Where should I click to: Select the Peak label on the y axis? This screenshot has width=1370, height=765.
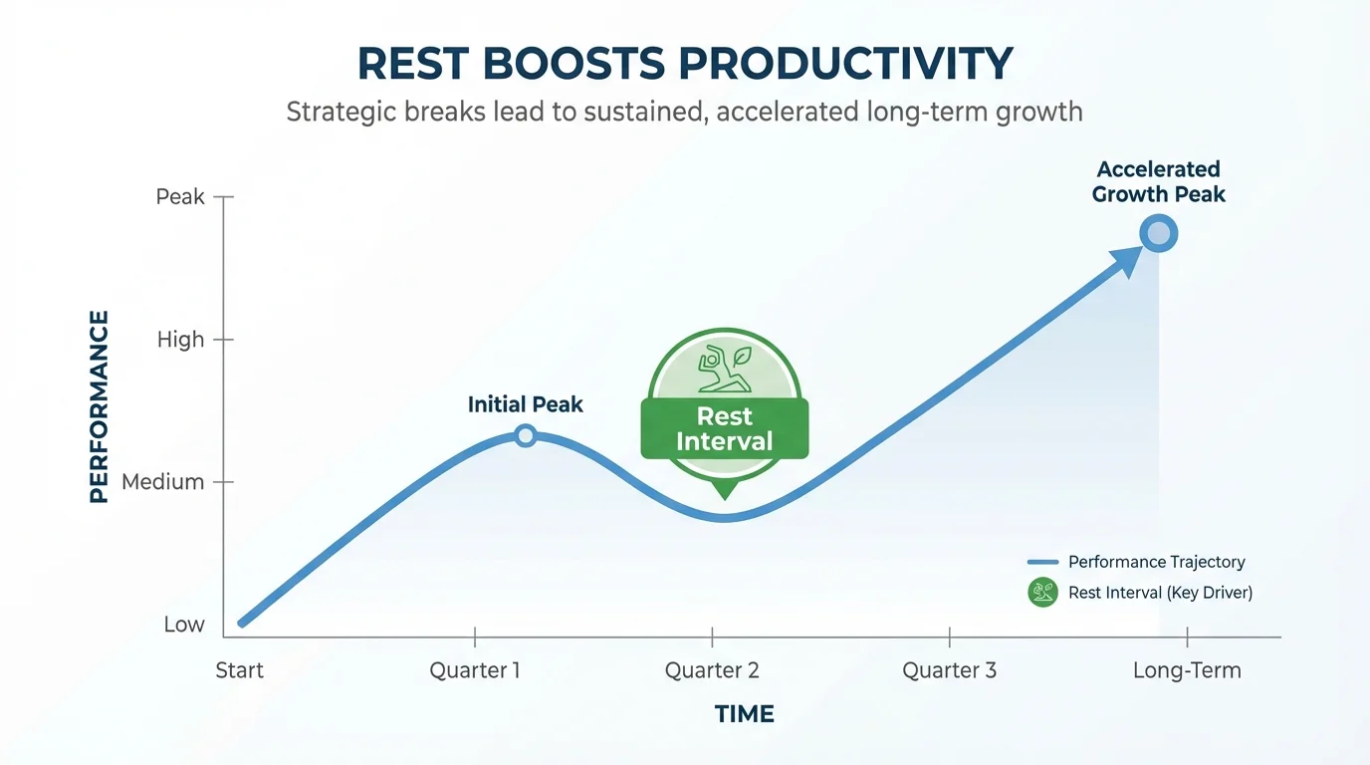(180, 197)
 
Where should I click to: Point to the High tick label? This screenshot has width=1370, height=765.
(180, 340)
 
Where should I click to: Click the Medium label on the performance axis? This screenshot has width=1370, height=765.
(162, 482)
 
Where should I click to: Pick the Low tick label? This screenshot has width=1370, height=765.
(184, 625)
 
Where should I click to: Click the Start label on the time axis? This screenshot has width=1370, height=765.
(240, 670)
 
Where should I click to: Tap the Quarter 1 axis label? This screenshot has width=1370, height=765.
(475, 670)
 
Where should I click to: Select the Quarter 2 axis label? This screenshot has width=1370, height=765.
(712, 670)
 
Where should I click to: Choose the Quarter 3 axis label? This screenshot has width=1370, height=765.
(949, 670)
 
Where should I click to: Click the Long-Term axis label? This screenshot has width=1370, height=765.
(1187, 670)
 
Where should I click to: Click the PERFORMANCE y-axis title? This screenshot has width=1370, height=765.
(99, 406)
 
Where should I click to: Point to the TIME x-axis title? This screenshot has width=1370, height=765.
(744, 714)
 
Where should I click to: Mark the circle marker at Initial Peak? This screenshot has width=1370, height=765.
(526, 435)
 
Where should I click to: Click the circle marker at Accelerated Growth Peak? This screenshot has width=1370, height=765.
(1159, 235)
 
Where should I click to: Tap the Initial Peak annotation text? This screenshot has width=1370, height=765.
(525, 404)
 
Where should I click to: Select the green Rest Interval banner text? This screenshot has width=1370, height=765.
(725, 429)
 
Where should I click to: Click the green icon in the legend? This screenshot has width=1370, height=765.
(1042, 593)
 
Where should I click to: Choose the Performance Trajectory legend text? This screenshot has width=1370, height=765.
(1156, 563)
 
